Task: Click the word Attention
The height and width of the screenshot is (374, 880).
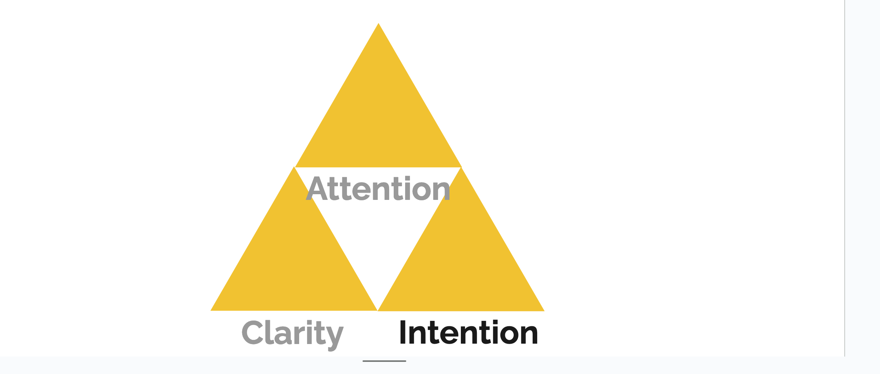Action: [378, 189]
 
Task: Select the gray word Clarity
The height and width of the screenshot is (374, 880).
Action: [292, 333]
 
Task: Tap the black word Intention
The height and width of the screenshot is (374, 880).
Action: [468, 333]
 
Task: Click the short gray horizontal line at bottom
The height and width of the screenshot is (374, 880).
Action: [384, 361]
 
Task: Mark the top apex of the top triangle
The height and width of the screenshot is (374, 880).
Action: [378, 24]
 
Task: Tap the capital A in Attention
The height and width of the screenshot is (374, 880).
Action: [317, 189]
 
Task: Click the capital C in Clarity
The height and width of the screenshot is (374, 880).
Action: [253, 333]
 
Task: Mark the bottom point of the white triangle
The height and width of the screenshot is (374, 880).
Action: [378, 309]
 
